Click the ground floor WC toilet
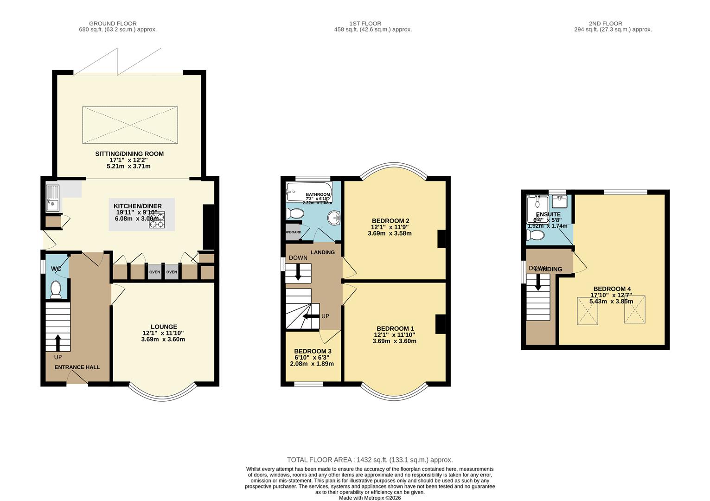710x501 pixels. (x=56, y=289)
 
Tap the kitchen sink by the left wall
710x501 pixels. (x=52, y=197)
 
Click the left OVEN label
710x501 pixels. (x=154, y=272)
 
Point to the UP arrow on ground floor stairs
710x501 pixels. (x=58, y=343)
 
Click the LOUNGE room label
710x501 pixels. (x=164, y=327)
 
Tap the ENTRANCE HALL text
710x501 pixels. (x=77, y=367)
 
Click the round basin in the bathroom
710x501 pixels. (x=333, y=217)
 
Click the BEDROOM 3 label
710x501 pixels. (x=313, y=351)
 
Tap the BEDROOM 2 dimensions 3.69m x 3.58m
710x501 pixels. (x=390, y=233)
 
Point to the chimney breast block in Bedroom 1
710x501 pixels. (x=440, y=324)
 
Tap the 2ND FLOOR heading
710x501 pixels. (x=605, y=23)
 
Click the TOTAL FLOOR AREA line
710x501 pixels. (x=370, y=460)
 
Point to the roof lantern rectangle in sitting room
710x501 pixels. (x=130, y=125)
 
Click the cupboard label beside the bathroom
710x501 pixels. (x=293, y=232)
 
